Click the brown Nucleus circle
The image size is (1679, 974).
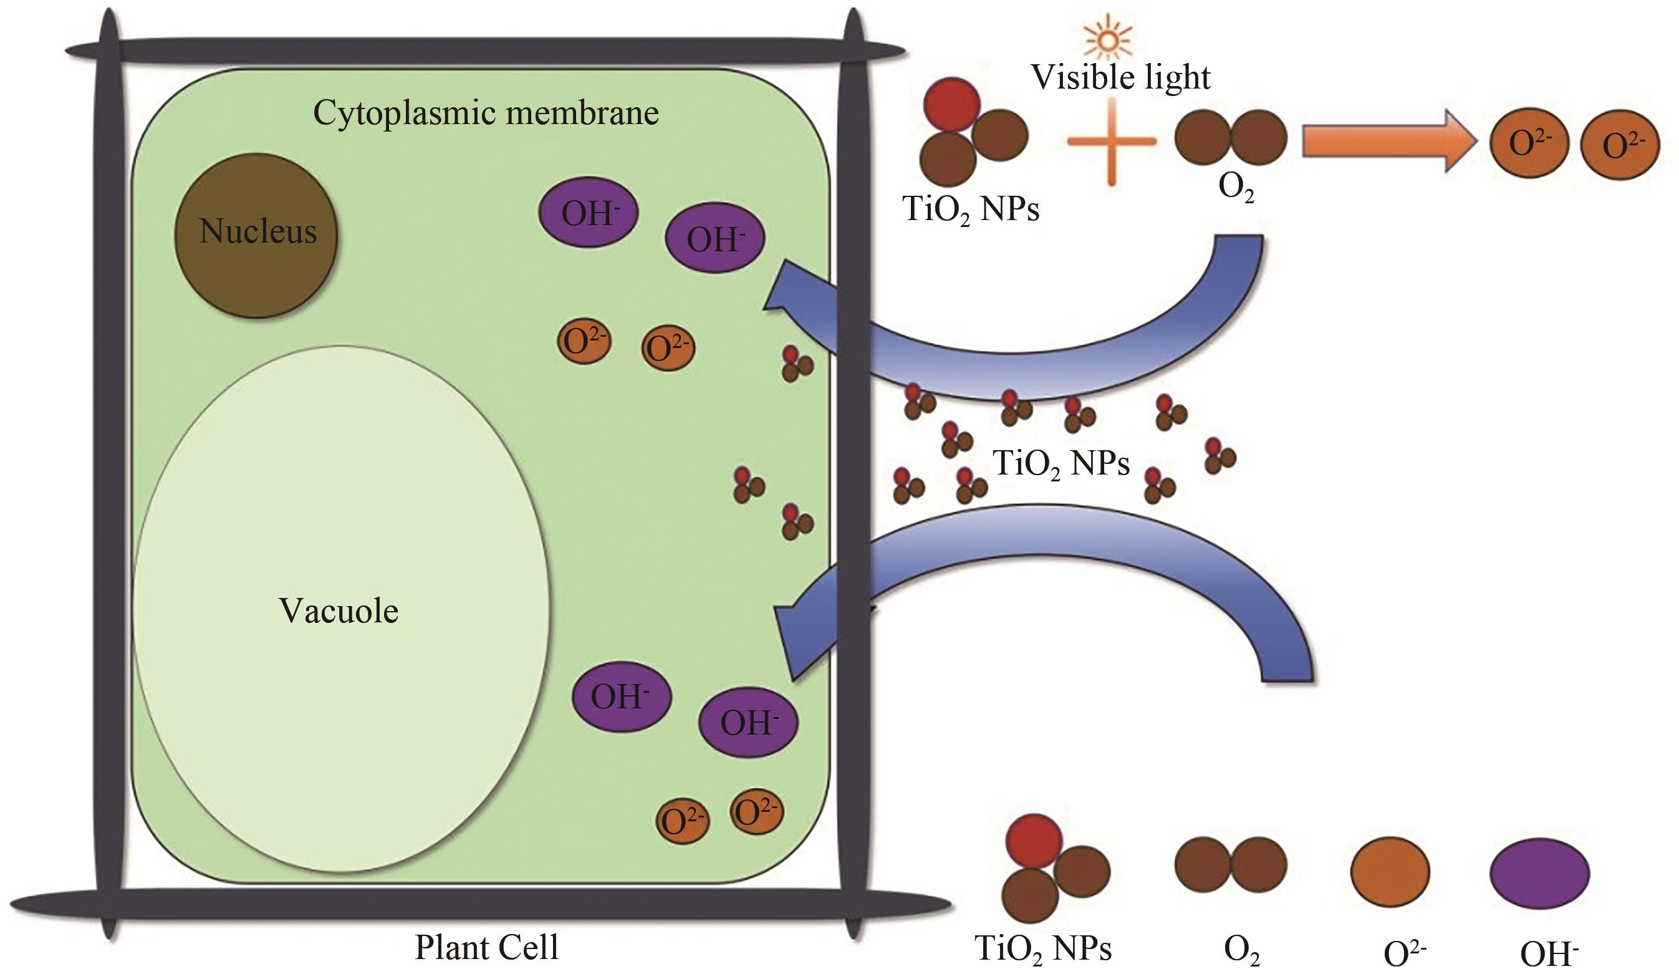coord(256,234)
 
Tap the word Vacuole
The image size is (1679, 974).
coord(339,611)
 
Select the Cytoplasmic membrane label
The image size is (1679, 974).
coord(486,113)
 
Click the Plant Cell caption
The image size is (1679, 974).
coord(486,947)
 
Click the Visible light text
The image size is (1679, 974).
coord(1120,77)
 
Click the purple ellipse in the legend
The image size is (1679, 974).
coord(1539,873)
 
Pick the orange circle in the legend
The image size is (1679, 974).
coord(1390,871)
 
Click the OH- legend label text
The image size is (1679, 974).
coord(1549,954)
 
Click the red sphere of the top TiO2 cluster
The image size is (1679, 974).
coord(951,105)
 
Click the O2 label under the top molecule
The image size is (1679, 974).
coord(1236,188)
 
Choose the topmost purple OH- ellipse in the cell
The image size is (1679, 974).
coord(589,212)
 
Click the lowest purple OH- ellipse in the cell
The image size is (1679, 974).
coord(748,722)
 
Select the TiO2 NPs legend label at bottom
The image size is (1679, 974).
coord(1042,948)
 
